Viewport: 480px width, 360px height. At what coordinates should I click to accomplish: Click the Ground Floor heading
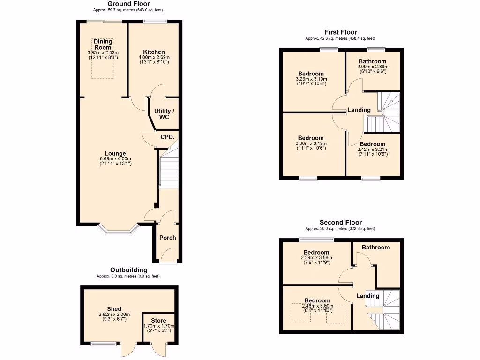122,4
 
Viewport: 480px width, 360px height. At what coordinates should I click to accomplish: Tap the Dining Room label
103,45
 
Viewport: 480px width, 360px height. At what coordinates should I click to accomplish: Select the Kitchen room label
154,52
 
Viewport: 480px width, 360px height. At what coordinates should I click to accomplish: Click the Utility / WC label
164,114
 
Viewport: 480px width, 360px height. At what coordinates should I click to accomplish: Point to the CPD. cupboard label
167,137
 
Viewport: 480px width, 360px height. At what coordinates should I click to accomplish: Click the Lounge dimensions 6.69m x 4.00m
115,159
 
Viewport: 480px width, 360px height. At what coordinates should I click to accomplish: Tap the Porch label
167,238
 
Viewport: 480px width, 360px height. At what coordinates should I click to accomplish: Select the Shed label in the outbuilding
114,309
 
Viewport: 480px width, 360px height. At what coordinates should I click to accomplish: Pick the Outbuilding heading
128,270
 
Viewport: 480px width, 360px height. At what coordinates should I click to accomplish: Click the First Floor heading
341,32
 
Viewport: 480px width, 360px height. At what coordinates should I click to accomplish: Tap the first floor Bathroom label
372,61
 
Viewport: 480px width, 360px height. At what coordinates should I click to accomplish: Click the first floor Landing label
359,110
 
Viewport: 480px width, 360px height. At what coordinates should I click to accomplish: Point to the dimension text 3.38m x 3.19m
311,143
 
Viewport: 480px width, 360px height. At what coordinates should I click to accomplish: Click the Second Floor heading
341,223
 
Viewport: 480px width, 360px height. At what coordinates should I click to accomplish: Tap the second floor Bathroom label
375,247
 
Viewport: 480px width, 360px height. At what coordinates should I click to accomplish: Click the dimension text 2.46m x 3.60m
317,306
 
